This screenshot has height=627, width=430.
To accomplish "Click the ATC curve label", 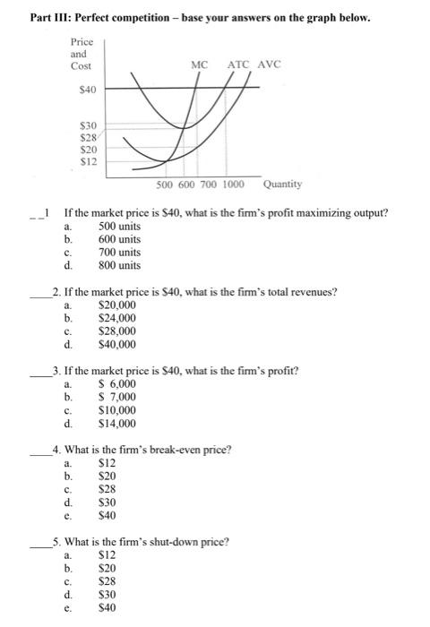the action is [238, 64].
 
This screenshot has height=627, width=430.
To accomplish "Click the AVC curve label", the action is [269, 64].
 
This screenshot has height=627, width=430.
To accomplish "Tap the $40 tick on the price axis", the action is [89, 90].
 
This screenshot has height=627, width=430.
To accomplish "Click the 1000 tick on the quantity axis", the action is [233, 184].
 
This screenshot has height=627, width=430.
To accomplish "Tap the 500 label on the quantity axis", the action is [165, 184].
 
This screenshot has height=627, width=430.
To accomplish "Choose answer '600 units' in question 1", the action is [119, 239].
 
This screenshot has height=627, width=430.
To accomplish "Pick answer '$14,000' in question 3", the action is [116, 424].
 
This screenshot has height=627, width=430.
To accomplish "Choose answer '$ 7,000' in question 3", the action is [116, 397].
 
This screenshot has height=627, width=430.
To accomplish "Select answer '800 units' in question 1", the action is [119, 265].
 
